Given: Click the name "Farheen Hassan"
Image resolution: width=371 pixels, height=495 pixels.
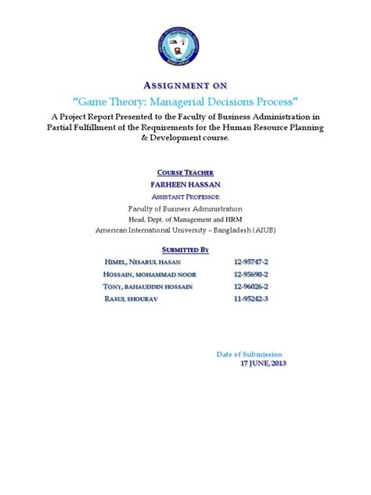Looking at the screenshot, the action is click(185, 184).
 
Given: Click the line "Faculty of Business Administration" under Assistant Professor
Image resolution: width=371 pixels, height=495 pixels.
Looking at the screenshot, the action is click(185, 209).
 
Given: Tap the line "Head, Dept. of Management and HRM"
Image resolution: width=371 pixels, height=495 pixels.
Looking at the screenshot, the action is click(185, 220).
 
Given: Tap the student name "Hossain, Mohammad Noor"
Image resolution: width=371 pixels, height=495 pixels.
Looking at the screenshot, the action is click(150, 274).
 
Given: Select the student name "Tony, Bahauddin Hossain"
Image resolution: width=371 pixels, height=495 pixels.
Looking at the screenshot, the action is click(149, 287).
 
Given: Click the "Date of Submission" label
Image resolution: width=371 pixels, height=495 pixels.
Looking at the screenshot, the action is click(249, 355).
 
